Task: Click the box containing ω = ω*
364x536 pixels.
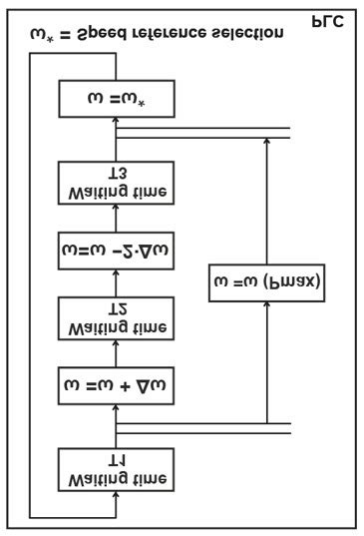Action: (116, 100)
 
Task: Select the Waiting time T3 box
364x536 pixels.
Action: (116, 182)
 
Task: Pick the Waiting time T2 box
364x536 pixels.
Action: (116, 317)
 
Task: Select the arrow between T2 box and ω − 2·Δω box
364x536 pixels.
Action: (116, 284)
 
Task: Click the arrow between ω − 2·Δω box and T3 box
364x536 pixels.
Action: (116, 217)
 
